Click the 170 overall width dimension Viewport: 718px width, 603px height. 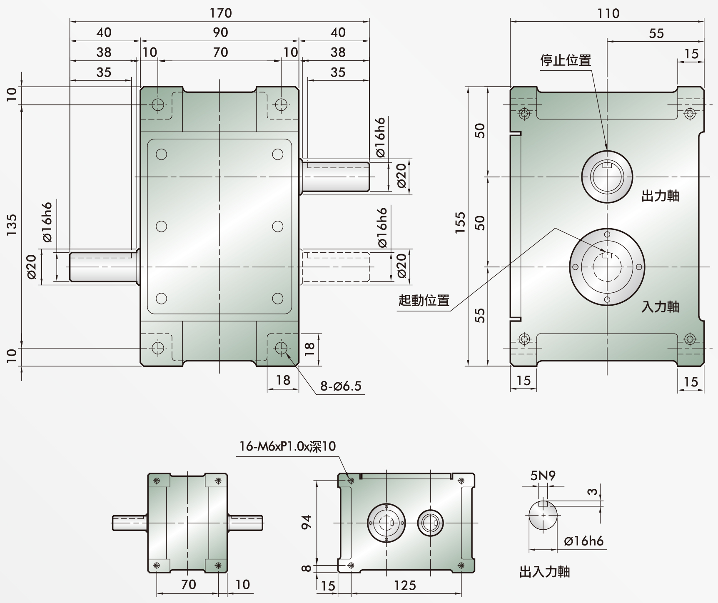pos(220,13)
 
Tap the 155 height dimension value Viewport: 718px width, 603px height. pos(460,222)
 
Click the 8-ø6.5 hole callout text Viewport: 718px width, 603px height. pos(341,386)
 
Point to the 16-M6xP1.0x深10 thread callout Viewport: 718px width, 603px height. pos(287,446)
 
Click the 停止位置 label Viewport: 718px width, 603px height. pos(566,60)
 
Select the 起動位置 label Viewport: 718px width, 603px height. pos(424,300)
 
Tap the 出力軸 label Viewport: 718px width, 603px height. pos(661,196)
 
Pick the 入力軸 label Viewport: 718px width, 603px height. pos(661,307)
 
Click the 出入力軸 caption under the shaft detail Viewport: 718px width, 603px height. pos(545,572)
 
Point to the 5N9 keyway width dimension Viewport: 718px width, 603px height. pos(543,476)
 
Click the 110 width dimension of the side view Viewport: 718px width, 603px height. pos(608,13)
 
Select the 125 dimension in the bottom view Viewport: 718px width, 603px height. pos(405,586)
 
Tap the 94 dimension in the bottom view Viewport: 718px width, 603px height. pos(306,522)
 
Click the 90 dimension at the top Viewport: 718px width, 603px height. pos(220,32)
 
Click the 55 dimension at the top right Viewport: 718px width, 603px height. pos(656,33)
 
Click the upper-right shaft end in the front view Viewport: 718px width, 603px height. pos(369,177)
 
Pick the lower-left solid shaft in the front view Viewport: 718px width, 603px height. pos(103,267)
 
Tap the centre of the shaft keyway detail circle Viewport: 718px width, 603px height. pos(543,515)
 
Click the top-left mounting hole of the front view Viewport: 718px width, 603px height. pos(158,104)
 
